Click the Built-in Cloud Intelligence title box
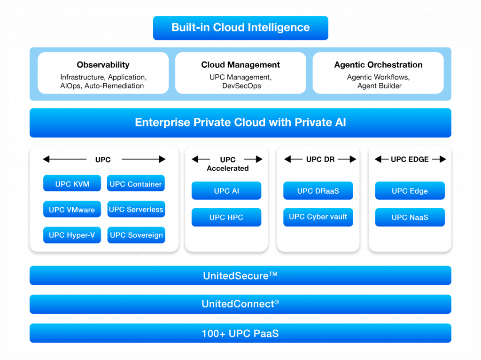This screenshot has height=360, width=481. point(240,28)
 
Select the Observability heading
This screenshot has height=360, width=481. point(103,65)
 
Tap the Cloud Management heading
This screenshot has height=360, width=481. point(240,65)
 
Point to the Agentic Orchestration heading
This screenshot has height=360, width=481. point(378,65)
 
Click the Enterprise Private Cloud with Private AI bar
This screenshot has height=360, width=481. point(240,123)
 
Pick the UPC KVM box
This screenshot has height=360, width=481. point(72,184)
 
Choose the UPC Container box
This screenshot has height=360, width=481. point(136,184)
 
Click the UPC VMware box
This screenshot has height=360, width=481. point(72,210)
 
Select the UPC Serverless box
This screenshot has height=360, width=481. point(136,210)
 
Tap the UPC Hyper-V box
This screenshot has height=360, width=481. point(72,235)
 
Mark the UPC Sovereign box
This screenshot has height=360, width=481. point(136,235)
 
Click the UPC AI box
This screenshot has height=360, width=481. point(226,191)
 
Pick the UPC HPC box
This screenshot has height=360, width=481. point(226,218)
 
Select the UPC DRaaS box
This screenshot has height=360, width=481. point(318,191)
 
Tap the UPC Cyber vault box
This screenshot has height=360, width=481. point(318,217)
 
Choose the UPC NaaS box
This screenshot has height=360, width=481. point(410,218)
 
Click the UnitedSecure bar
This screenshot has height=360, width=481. point(240,275)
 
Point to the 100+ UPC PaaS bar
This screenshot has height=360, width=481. point(240,334)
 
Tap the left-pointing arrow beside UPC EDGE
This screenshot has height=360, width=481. point(381,159)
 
